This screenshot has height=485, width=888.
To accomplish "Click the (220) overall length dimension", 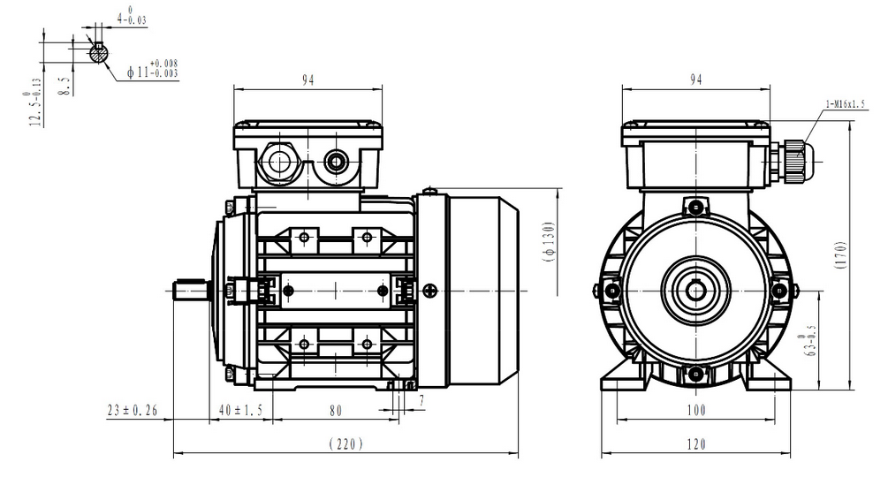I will [345, 444].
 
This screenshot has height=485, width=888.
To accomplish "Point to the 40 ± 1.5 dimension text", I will [239, 410].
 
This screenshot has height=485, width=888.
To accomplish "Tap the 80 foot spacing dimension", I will [336, 410].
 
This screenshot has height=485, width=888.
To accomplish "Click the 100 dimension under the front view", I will [696, 410].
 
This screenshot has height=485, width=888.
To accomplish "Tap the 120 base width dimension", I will [696, 444].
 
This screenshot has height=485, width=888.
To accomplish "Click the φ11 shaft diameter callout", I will [152, 70].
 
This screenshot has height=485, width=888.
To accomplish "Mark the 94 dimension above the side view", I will [307, 80].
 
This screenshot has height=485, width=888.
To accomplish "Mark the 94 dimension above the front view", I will [695, 80].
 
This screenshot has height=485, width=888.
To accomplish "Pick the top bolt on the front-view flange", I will [697, 208].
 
